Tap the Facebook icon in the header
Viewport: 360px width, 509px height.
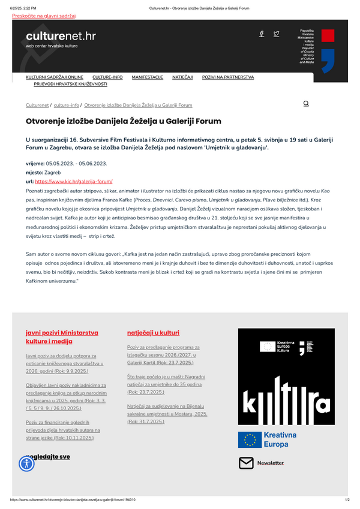(x=262, y=34)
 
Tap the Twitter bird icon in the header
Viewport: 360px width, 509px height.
(x=276, y=34)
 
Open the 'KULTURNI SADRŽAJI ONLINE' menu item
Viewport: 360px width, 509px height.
(x=55, y=77)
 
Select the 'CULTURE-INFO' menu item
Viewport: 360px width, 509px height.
(x=107, y=77)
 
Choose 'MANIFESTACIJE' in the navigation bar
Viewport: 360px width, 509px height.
(x=148, y=77)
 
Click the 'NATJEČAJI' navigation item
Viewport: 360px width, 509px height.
(x=182, y=77)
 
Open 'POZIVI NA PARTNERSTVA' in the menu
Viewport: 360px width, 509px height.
(x=228, y=77)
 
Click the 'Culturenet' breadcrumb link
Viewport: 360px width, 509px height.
(x=37, y=105)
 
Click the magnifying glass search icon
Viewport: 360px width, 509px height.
(x=306, y=104)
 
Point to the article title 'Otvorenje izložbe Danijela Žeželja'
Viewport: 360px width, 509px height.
(x=123, y=121)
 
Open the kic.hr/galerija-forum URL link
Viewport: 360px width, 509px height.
(x=74, y=181)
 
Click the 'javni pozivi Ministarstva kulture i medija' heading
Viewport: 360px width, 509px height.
(x=62, y=336)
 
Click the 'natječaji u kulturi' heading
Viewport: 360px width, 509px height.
(x=153, y=333)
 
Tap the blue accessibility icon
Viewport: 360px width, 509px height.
(x=27, y=463)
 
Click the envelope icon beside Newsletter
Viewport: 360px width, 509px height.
(x=246, y=463)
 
